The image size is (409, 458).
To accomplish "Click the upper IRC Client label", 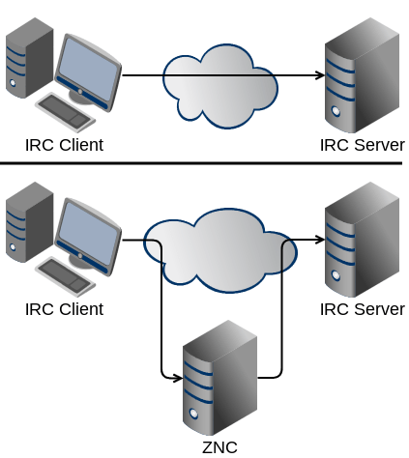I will (64, 146).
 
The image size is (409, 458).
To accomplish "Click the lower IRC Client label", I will (64, 309).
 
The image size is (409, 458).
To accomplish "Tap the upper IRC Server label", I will (362, 146).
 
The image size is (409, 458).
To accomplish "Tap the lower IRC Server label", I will (362, 309).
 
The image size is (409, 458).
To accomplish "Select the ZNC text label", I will (219, 446).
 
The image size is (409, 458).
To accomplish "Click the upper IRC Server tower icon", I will (361, 72).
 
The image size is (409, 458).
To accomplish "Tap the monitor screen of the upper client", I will (90, 69).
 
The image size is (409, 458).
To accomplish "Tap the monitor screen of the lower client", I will (90, 232).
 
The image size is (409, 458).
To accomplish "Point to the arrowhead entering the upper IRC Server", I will (318, 74).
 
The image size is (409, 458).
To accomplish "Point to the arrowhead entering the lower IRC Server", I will (318, 239).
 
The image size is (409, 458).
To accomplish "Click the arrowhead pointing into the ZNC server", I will (177, 377).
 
